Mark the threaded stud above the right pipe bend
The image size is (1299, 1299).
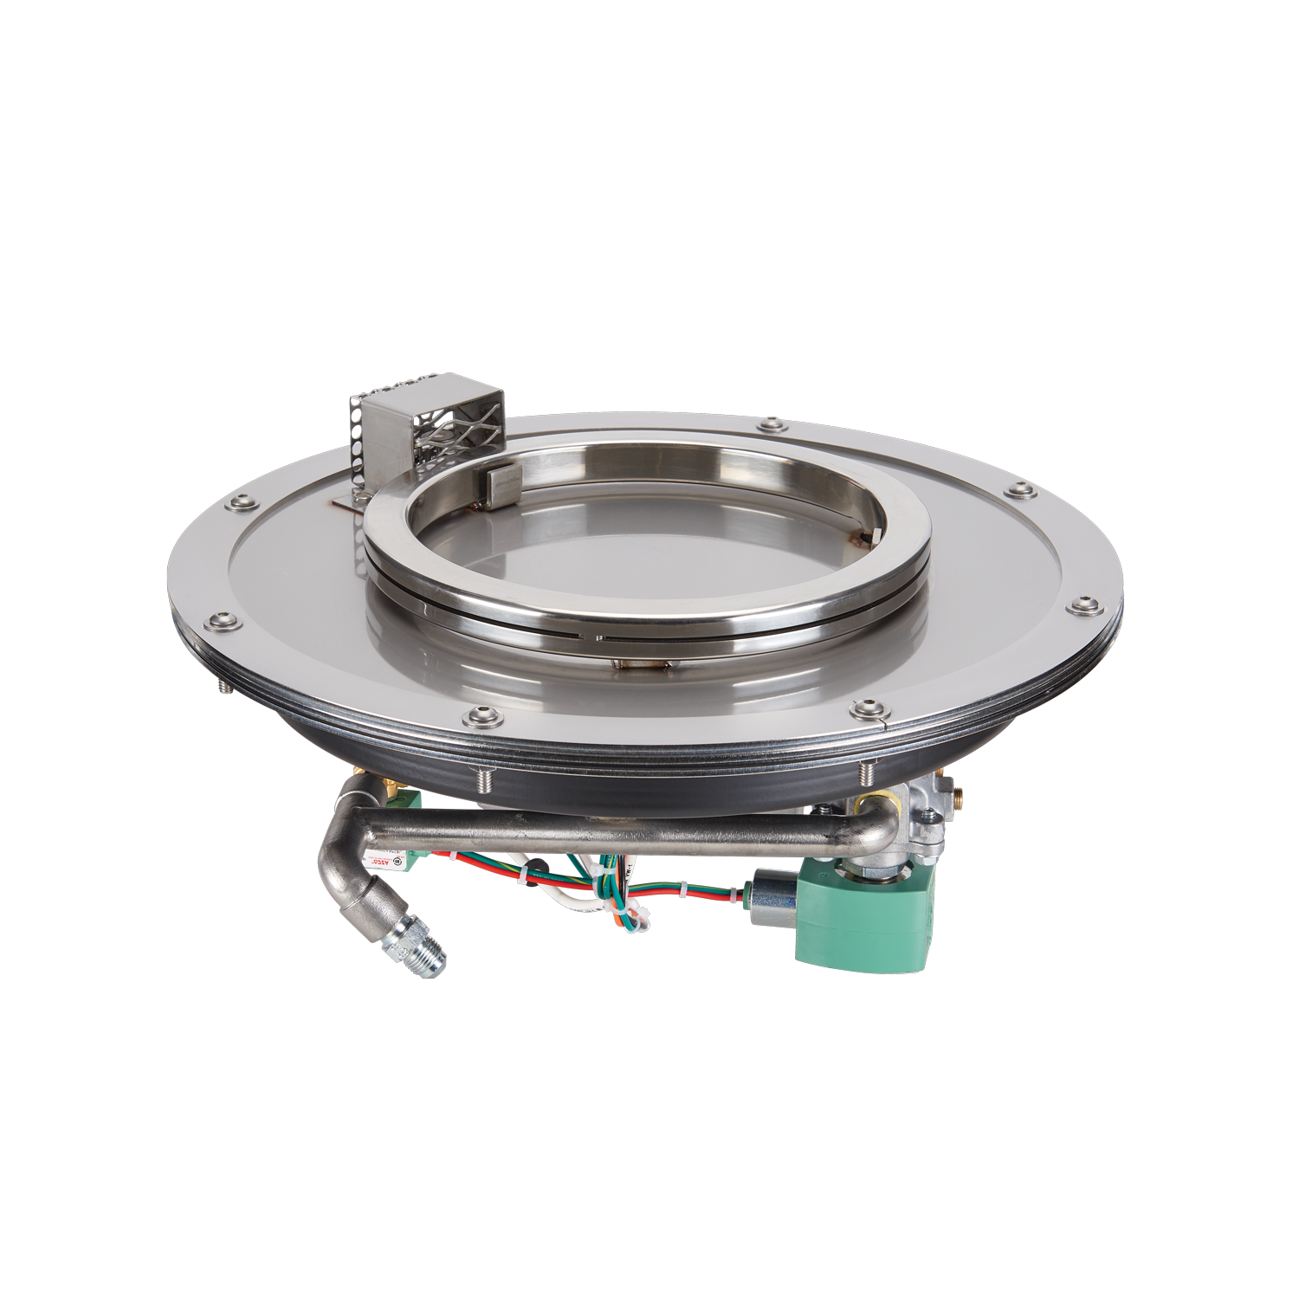867,773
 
